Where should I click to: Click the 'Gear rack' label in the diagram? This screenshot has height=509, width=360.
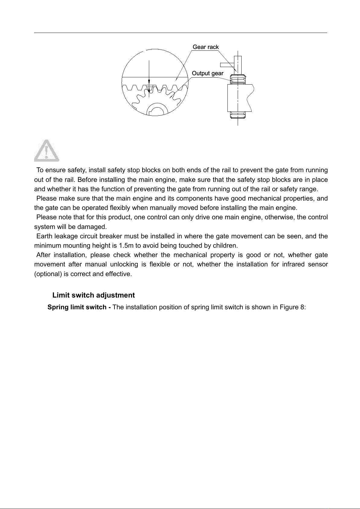[x=206, y=47]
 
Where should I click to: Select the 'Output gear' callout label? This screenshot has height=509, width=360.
[x=207, y=73]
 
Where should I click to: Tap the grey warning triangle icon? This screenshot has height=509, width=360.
[x=47, y=150]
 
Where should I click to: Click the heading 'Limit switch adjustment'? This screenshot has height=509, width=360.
[x=94, y=295]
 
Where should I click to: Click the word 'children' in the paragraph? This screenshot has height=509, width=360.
[x=228, y=245]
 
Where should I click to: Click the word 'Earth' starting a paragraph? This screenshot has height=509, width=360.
[x=44, y=236]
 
